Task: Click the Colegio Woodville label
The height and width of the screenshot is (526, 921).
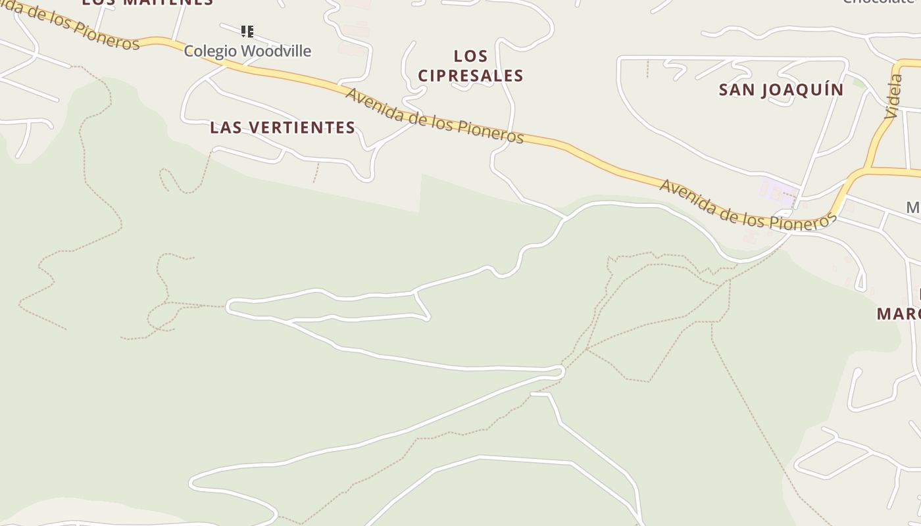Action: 247,51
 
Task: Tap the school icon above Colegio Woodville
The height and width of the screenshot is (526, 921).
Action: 247,31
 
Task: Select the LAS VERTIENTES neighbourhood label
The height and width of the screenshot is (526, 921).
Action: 283,128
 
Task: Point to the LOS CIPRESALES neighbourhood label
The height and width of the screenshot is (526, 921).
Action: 470,66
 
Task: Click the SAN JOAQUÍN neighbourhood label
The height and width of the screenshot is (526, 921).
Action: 781,89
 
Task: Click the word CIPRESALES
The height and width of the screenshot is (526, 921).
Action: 470,76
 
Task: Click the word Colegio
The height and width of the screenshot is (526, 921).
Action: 205,51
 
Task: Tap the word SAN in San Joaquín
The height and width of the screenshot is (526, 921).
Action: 734,89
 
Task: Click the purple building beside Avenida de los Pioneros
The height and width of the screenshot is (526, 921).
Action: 778,191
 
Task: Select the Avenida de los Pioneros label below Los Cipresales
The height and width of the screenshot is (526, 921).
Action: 434,116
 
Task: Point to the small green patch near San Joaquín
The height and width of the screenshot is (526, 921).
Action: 859,83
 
